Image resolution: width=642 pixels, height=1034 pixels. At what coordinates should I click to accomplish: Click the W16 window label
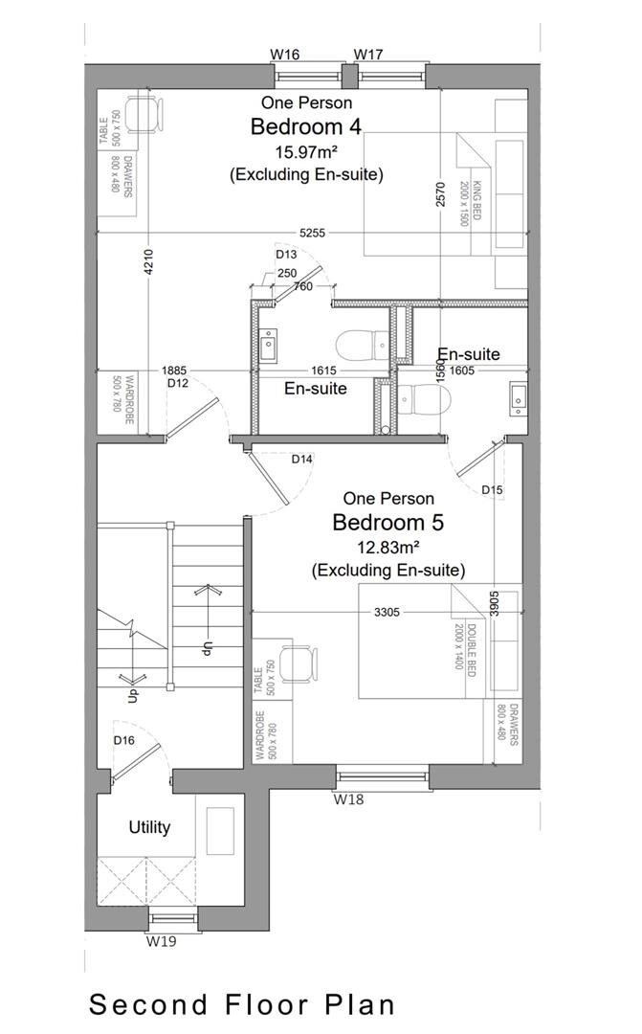[x=284, y=55]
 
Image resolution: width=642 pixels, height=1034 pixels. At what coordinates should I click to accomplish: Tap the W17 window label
[x=368, y=55]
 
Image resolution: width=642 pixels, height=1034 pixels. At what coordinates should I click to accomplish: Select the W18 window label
[x=349, y=798]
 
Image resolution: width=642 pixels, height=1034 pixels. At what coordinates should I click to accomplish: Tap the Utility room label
[x=149, y=827]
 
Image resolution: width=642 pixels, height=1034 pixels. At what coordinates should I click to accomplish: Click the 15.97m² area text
[x=306, y=151]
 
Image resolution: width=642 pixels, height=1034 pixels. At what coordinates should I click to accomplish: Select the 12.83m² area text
[x=387, y=548]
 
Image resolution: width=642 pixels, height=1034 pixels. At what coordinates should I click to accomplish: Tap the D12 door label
[x=178, y=383]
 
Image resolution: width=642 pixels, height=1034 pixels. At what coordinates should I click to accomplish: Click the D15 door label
[x=492, y=489]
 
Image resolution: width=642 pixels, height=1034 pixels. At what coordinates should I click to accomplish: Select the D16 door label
[x=123, y=740]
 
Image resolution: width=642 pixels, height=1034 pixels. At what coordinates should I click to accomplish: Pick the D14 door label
[x=302, y=460]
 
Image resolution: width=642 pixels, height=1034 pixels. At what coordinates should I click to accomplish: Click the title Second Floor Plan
[x=242, y=1004]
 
